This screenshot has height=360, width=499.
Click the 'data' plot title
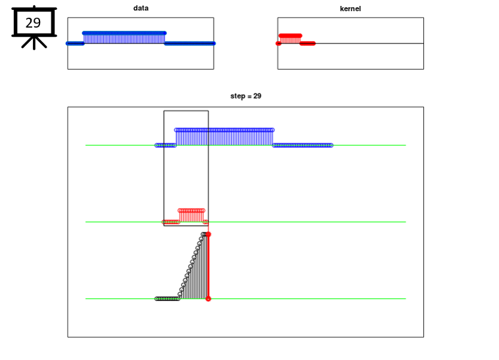coord(141,9)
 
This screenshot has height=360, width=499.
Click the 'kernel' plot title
coord(350,9)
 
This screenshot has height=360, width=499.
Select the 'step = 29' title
coord(246,96)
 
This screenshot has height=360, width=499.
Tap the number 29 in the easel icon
coord(33,23)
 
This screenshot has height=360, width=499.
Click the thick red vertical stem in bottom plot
coord(208,267)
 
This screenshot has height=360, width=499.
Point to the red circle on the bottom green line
coord(208,299)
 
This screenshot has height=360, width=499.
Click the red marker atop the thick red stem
coord(208,235)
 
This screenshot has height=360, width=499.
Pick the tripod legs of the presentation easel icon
coord(34,42)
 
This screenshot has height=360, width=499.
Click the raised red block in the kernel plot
coord(290,39)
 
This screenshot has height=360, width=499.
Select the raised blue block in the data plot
coord(124,38)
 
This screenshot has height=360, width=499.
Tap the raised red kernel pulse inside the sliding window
coord(191,215)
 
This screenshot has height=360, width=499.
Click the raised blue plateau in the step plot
coord(224,137)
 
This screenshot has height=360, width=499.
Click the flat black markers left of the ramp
coord(167,299)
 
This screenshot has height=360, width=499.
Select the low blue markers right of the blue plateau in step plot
coord(302,145)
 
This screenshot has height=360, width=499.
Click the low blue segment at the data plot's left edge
coord(75,43)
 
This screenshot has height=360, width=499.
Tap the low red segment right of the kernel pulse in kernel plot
coord(308,43)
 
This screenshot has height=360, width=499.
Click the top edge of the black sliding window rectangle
coord(186,110)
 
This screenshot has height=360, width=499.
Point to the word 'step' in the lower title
coord(237,97)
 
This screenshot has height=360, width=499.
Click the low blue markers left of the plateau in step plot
coord(166,145)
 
